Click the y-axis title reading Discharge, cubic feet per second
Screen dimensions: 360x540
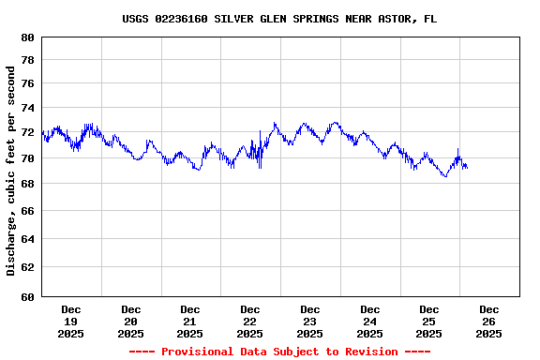[x=11, y=171]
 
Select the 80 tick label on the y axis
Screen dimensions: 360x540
[x=26, y=37]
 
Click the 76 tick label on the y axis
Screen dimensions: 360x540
[x=26, y=83]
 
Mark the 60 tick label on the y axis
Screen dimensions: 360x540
[x=26, y=297]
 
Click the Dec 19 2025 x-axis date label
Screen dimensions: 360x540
[x=71, y=321]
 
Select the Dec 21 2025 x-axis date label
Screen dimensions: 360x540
[x=190, y=321]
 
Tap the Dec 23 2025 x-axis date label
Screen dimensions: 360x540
[x=309, y=321]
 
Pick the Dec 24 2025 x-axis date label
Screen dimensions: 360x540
[x=369, y=321]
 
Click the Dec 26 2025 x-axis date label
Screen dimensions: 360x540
[x=488, y=321]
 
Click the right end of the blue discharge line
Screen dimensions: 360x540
[x=467, y=167]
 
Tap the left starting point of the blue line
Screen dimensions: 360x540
[x=43, y=132]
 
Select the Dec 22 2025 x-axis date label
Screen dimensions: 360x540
[x=250, y=321]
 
